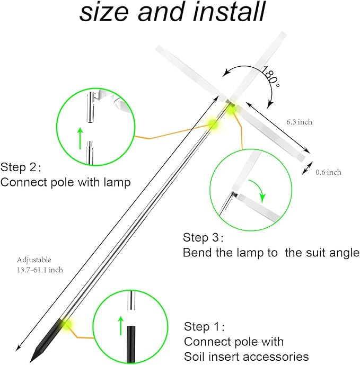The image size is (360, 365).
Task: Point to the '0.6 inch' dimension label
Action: point(328,172)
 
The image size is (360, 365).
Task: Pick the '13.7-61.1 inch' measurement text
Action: point(40,270)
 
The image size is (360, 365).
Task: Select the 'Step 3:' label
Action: point(204,237)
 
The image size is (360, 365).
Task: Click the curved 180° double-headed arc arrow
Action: point(249,69)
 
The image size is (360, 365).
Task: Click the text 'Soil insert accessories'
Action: point(246,356)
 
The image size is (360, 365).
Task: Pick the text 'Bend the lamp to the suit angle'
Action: point(271,253)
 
